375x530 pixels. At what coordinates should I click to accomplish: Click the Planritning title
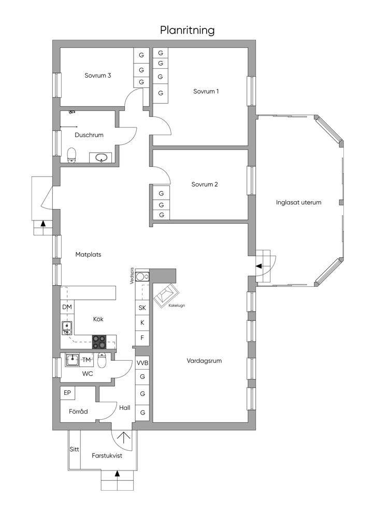187,31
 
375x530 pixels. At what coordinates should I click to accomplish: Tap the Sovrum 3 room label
98,76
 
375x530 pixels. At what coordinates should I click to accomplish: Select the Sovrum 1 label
206,91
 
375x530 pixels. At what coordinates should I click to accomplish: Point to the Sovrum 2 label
205,184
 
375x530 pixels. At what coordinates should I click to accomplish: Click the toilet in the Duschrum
71,155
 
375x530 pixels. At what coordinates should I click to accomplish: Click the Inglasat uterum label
298,202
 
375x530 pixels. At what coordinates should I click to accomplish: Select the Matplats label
88,255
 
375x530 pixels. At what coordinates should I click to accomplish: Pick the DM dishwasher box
67,307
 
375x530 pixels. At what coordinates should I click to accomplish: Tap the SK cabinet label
142,307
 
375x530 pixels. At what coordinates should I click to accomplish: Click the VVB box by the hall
142,363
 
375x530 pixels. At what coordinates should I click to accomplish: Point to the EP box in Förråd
68,393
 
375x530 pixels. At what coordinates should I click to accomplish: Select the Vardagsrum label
204,361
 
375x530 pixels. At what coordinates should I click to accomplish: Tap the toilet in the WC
102,360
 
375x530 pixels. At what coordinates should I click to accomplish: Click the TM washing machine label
86,360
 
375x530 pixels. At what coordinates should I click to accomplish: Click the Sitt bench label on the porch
75,449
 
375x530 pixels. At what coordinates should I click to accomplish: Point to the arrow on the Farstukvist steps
118,474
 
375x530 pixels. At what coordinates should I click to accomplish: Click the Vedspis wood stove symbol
142,276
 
